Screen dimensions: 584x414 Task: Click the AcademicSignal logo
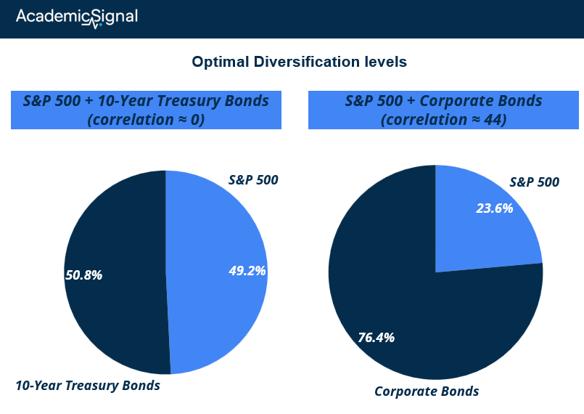(x=77, y=18)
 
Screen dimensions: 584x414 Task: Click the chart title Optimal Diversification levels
(x=299, y=62)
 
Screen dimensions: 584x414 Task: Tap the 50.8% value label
(x=84, y=275)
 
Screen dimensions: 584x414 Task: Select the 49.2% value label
(x=247, y=271)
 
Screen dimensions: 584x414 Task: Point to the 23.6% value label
(x=495, y=208)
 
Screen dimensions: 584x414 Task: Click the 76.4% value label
(x=377, y=338)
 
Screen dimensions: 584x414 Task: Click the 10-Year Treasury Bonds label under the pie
(x=88, y=385)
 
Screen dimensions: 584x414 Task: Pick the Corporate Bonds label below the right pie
(x=427, y=391)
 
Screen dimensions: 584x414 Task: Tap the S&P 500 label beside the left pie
(x=253, y=180)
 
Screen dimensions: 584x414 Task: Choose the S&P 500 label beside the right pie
(x=535, y=182)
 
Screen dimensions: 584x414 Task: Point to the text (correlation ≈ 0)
(x=146, y=120)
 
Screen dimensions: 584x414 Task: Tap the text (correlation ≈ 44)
(x=443, y=120)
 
